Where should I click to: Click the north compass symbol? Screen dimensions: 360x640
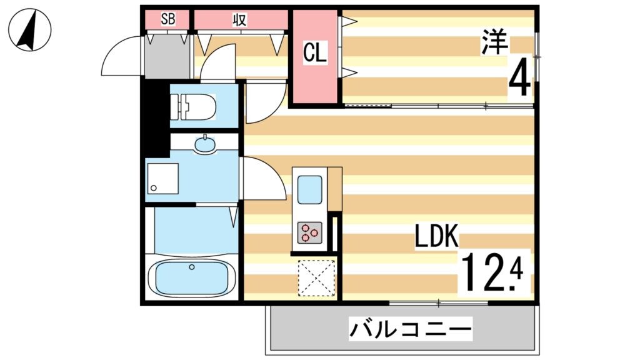click(30, 31)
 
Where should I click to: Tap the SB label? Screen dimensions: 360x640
click(167, 19)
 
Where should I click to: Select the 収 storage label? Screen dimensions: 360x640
click(239, 19)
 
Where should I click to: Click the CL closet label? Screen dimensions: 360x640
click(314, 54)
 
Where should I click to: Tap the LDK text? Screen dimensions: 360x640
click(437, 238)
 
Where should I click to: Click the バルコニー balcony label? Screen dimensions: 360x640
click(410, 328)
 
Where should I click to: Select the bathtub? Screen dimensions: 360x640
click(191, 276)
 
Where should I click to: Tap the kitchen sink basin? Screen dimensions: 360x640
click(309, 189)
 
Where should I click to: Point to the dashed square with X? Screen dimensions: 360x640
click(316, 277)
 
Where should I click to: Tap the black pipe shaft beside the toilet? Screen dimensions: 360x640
click(154, 112)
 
